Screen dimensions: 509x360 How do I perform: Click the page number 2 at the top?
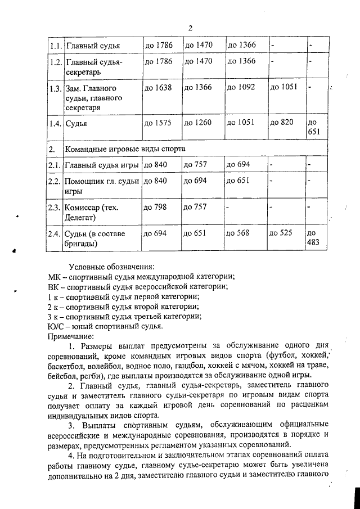[190, 29]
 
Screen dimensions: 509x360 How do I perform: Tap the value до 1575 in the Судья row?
[158, 123]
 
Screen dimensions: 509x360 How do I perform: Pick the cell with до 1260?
[198, 123]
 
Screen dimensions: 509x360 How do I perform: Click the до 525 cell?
[281, 233]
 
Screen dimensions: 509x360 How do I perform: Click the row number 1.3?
[55, 88]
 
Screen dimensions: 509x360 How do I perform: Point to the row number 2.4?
[55, 233]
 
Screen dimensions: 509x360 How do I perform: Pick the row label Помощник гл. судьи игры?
[102, 186]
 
